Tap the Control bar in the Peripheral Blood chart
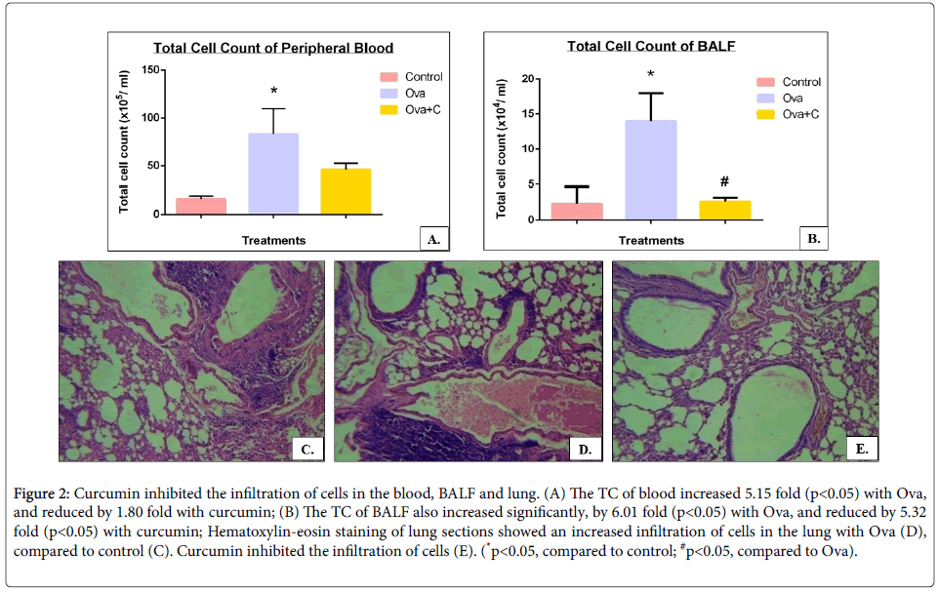[200, 206]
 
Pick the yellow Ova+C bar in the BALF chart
[725, 210]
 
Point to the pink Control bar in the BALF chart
[577, 211]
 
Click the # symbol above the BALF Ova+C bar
[725, 182]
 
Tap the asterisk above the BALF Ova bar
[651, 75]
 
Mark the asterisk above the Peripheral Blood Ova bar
[273, 92]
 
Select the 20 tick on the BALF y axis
[528, 79]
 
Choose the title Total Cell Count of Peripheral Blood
[273, 48]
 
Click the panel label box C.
[308, 448]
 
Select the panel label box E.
[862, 448]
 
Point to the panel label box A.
[433, 238]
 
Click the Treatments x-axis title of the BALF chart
[651, 240]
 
